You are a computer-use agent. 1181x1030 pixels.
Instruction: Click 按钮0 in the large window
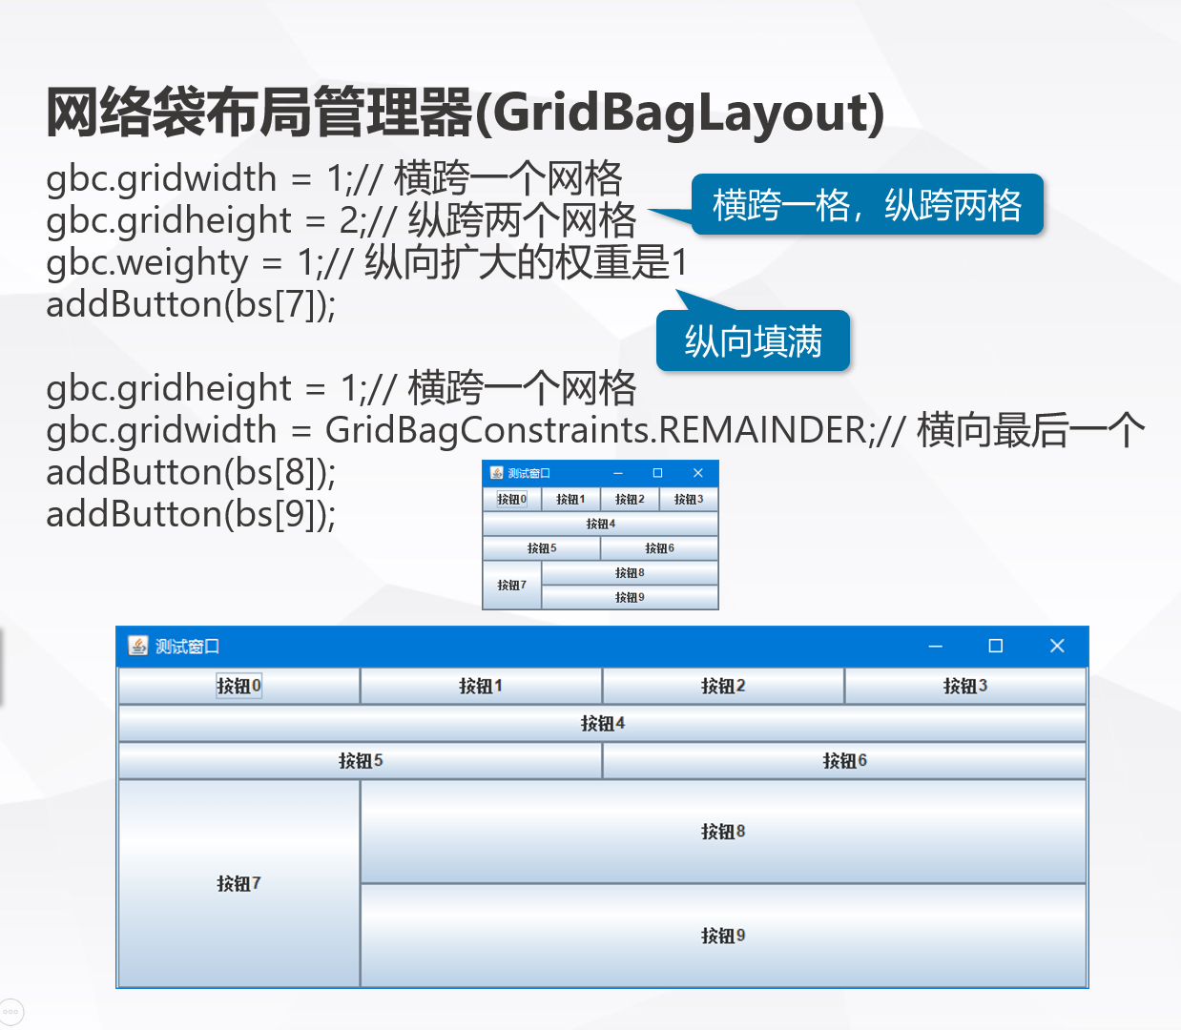pyautogui.click(x=238, y=686)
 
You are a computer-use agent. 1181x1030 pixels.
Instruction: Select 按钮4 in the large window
pyautogui.click(x=602, y=723)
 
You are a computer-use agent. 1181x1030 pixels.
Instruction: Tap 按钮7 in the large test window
pyautogui.click(x=238, y=883)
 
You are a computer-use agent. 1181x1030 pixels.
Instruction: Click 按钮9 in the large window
pyautogui.click(x=723, y=936)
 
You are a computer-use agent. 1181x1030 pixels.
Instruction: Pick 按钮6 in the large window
pyautogui.click(x=844, y=760)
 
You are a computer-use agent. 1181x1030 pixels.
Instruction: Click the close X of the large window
pyautogui.click(x=1057, y=646)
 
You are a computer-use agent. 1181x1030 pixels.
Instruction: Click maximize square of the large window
pyautogui.click(x=995, y=646)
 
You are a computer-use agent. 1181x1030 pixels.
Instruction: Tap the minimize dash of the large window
pyautogui.click(x=935, y=646)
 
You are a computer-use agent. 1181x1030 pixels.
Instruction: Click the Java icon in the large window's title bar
pyautogui.click(x=138, y=646)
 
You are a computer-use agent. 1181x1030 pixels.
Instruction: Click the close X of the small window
pyautogui.click(x=697, y=472)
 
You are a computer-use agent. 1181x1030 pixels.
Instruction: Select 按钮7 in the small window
pyautogui.click(x=512, y=585)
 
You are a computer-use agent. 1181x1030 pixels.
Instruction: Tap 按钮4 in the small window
pyautogui.click(x=600, y=524)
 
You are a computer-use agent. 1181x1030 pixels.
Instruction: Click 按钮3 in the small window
pyautogui.click(x=688, y=499)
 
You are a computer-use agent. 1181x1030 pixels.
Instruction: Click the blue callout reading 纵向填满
pyautogui.click(x=753, y=340)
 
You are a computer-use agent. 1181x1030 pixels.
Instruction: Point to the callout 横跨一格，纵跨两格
pyautogui.click(x=866, y=204)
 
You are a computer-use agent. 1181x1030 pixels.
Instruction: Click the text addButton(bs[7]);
pyautogui.click(x=191, y=304)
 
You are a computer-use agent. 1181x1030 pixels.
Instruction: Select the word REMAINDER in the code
pyautogui.click(x=764, y=430)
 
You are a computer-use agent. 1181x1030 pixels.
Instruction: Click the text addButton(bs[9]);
pyautogui.click(x=191, y=514)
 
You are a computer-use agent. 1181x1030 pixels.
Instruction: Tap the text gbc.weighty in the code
pyautogui.click(x=147, y=262)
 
